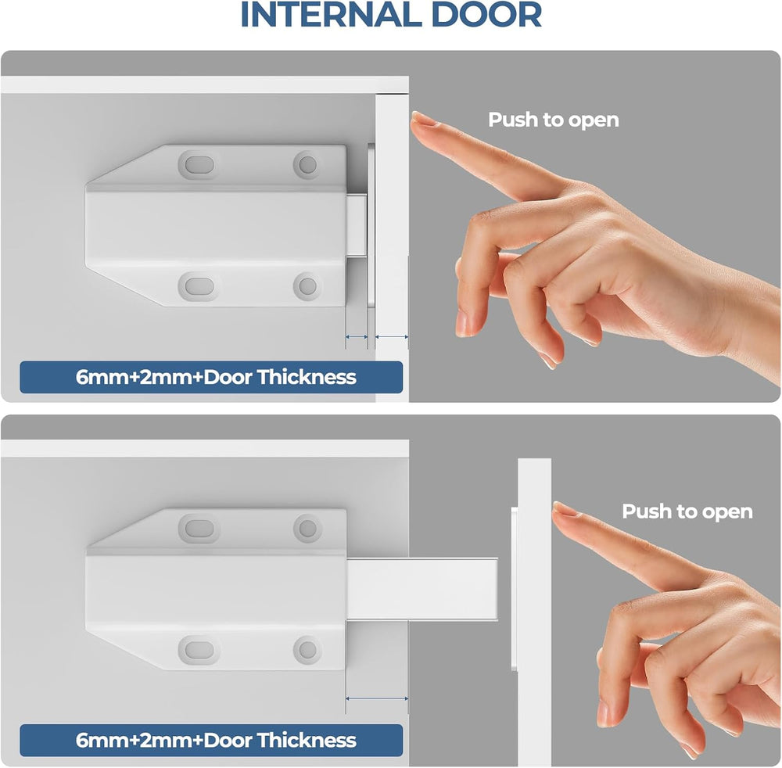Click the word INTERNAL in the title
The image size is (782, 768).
click(332, 14)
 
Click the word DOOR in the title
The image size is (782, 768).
click(486, 14)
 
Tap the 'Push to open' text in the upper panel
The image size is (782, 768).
click(553, 120)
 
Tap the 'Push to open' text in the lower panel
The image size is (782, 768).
click(687, 512)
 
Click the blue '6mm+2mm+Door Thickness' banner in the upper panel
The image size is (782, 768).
click(211, 377)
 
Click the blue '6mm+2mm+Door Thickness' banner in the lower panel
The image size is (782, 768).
click(211, 740)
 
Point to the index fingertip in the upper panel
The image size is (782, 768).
click(417, 117)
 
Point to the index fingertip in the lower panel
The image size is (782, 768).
click(558, 508)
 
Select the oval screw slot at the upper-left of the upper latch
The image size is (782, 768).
click(199, 165)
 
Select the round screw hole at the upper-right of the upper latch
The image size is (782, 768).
click(307, 164)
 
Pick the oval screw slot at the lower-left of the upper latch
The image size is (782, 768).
click(199, 287)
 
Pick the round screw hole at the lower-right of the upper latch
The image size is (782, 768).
click(307, 287)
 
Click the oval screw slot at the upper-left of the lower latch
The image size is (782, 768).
click(199, 528)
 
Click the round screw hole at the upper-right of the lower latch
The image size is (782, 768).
click(307, 528)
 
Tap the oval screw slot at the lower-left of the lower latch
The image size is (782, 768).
click(199, 650)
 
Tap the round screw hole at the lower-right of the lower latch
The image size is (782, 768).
click(307, 650)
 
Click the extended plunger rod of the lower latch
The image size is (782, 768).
click(422, 589)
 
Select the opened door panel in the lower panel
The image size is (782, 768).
click(534, 612)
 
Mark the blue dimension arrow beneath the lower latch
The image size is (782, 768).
click(377, 698)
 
